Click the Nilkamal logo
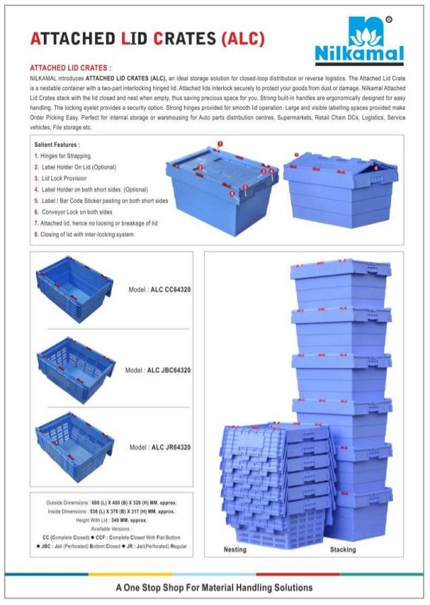coord(359,40)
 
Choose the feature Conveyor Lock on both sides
coord(75,212)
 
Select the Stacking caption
coord(342,550)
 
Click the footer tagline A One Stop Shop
coord(214,587)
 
